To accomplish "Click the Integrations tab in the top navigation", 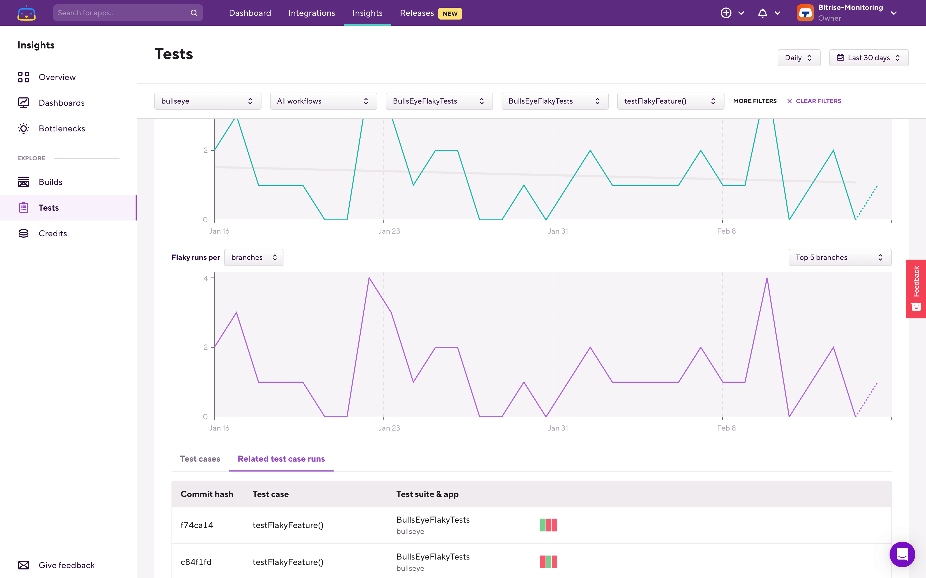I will [311, 13].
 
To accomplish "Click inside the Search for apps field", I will [122, 13].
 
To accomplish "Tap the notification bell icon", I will [762, 13].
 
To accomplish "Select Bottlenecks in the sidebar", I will [62, 128].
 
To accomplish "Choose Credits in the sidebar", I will [53, 233].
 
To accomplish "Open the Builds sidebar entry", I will [50, 182].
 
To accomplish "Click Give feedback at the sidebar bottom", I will [66, 565].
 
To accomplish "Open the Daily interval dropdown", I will [798, 58].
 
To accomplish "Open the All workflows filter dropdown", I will [323, 101].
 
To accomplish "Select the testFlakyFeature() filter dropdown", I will [670, 101].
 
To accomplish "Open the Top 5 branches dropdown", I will [839, 257].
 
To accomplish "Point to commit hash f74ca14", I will [197, 525].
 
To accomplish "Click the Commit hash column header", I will [207, 494].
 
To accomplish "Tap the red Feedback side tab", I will [916, 289].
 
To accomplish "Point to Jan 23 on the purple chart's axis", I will [389, 428].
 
